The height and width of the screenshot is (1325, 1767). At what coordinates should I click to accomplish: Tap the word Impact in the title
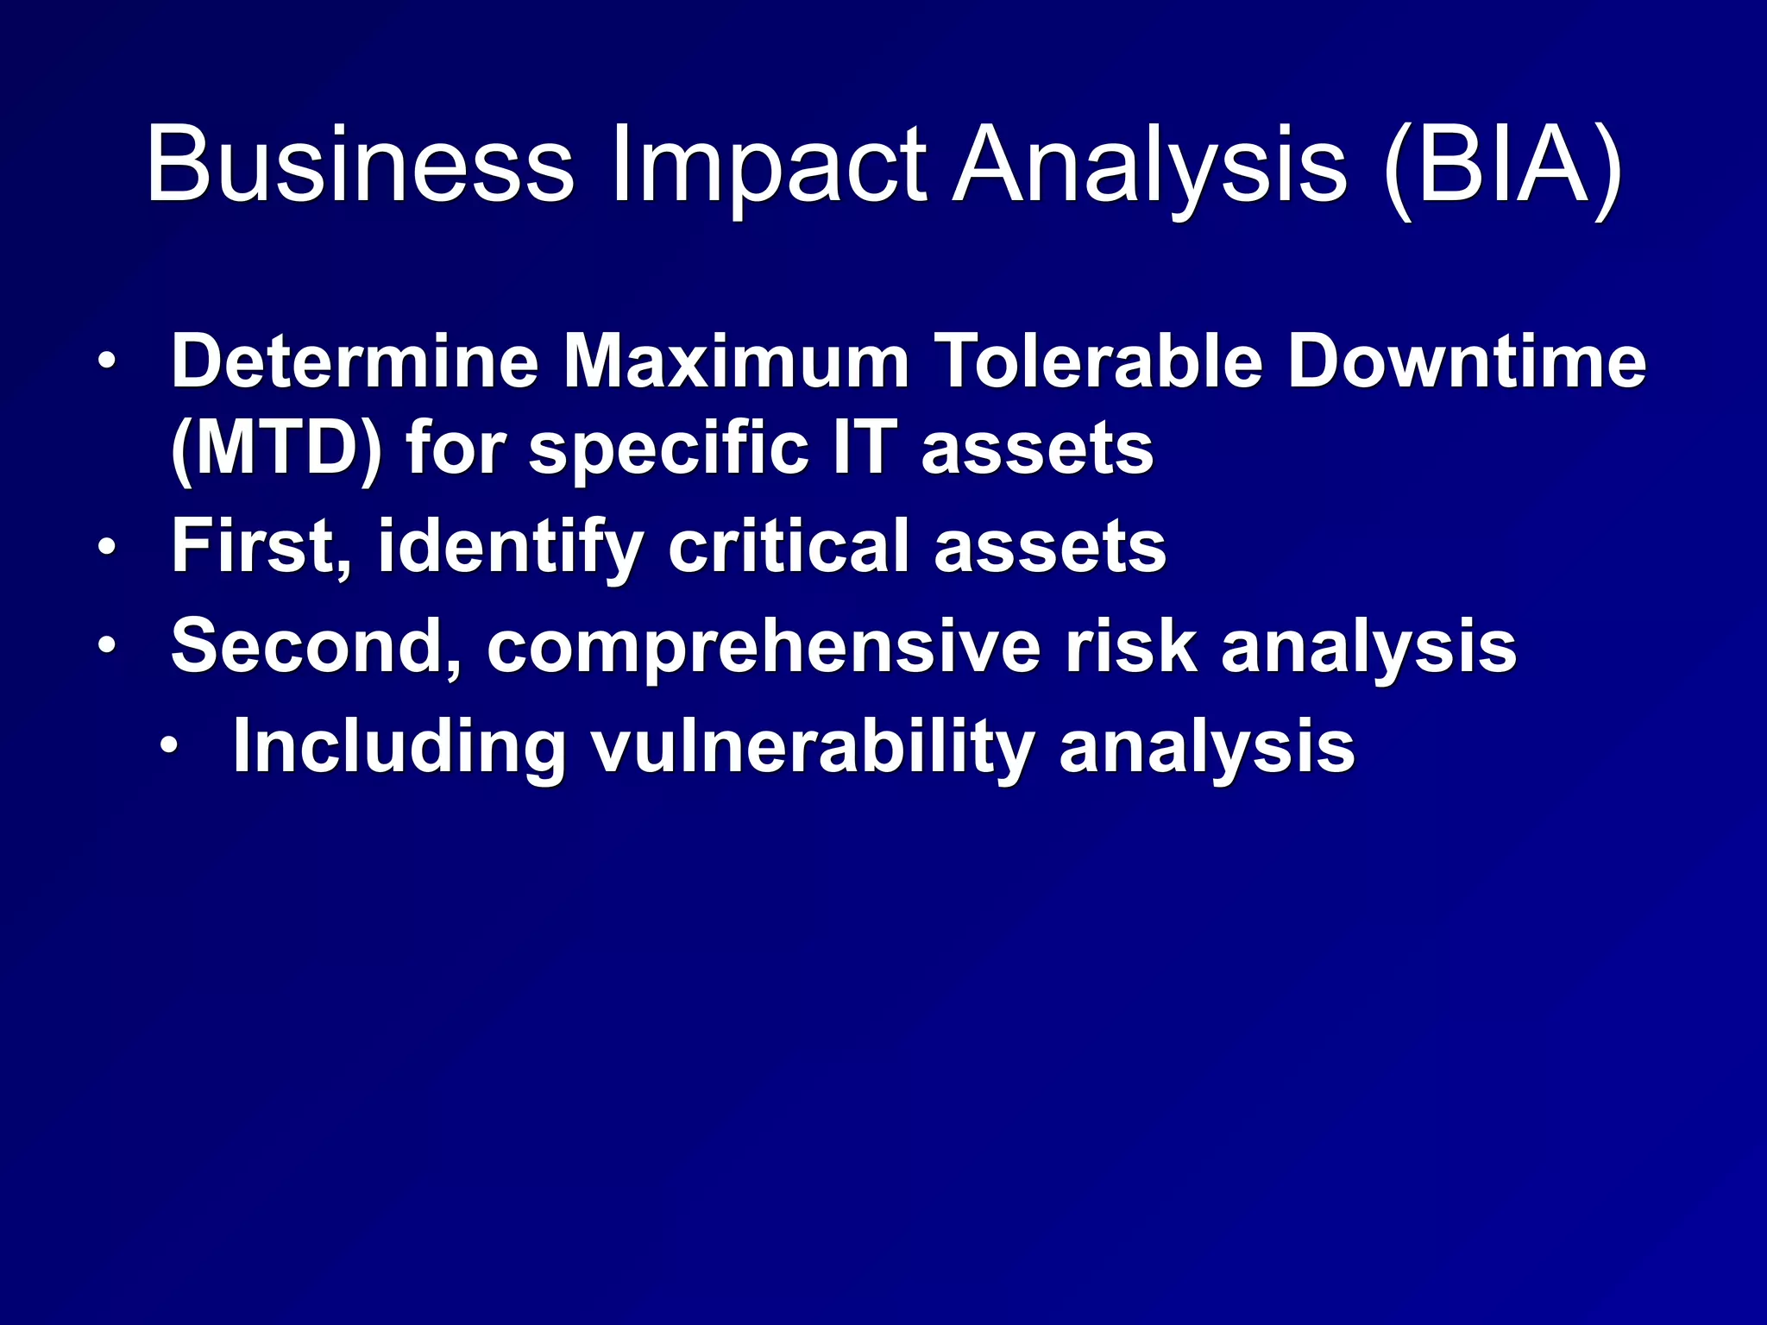769,166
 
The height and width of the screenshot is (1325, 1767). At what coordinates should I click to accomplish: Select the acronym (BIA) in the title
1503,166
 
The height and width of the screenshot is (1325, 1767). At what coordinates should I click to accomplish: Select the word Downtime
1467,361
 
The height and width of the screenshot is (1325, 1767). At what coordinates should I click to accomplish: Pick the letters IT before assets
865,448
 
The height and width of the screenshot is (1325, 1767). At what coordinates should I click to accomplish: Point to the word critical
789,546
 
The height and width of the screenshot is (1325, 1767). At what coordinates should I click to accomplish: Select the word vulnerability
812,748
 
